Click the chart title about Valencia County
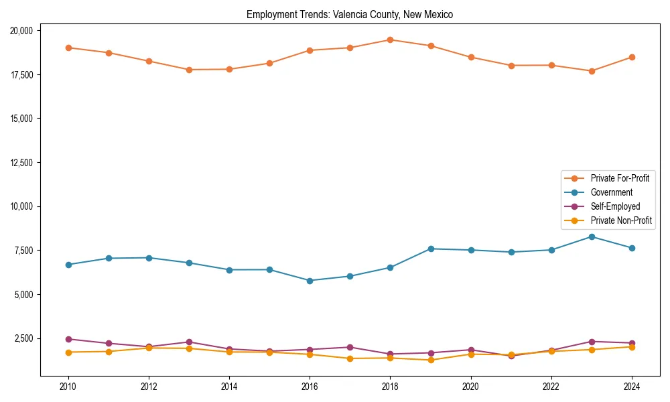tap(350, 15)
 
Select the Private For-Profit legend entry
tap(619, 178)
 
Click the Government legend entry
tap(611, 192)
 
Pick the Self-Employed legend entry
tap(615, 206)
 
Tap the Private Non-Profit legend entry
tap(621, 220)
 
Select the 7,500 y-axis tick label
tap(27, 251)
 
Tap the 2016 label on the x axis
tap(310, 387)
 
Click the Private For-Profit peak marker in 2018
tap(390, 40)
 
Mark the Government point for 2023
tap(592, 237)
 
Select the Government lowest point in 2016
tap(310, 281)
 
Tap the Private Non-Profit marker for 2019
tap(431, 360)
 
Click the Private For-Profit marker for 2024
tap(632, 57)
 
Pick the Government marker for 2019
tap(431, 249)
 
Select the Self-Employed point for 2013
tap(189, 342)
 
